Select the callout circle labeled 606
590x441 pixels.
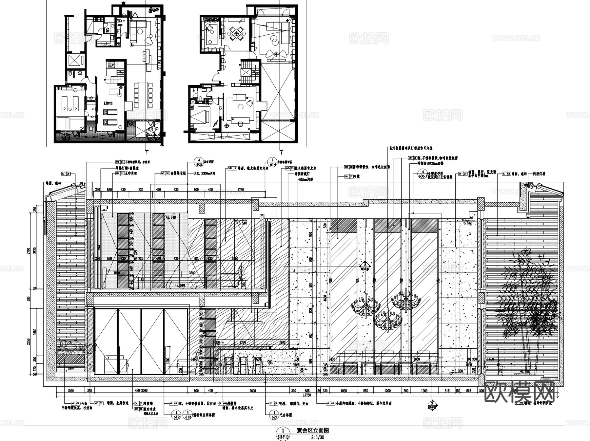tap(423, 174)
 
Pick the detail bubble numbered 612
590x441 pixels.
tap(176, 415)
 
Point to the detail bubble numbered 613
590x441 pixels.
tap(188, 415)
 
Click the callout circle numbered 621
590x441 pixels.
tap(272, 415)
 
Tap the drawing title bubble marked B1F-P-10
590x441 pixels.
tap(283, 433)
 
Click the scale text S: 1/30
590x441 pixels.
tap(318, 437)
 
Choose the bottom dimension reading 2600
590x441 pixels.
tap(252, 391)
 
